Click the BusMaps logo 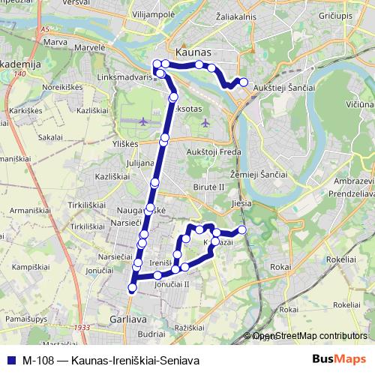[x=340, y=361]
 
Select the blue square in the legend [x=10, y=361]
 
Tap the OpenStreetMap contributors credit [x=308, y=337]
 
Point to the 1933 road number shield [x=82, y=328]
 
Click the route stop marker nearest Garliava [x=133, y=287]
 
